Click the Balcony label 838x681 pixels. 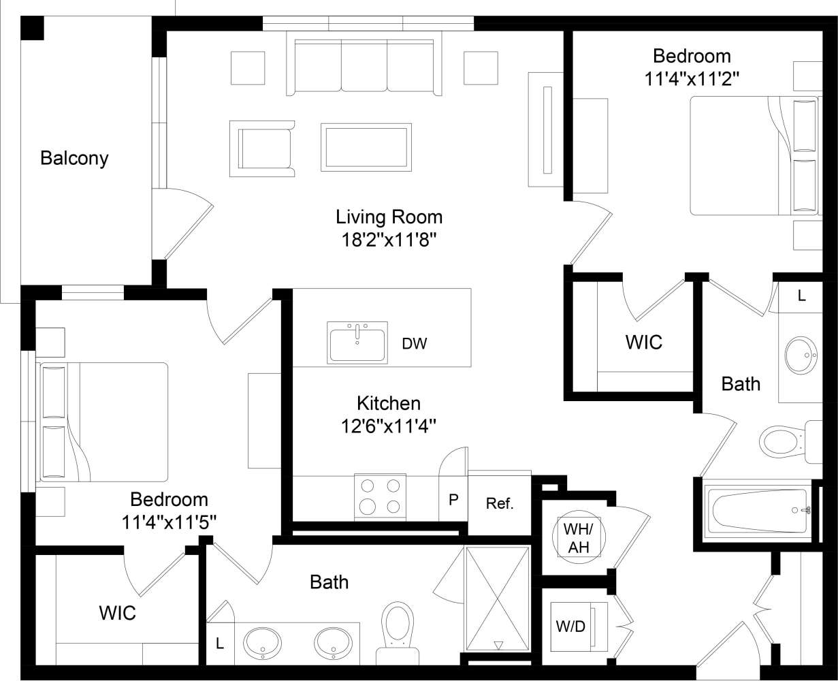coord(74,159)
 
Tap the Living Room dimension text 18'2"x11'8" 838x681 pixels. coord(389,240)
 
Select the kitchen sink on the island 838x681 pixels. coord(357,343)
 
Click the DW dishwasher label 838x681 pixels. coord(414,344)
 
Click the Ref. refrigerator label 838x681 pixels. coord(499,504)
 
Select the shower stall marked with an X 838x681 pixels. coord(497,598)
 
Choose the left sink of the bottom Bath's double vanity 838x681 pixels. coord(262,642)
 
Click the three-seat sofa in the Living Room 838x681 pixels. coord(364,67)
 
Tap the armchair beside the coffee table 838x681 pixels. coord(263,149)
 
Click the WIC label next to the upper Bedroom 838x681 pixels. coord(643,342)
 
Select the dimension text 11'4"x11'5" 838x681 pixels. coord(169,522)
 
